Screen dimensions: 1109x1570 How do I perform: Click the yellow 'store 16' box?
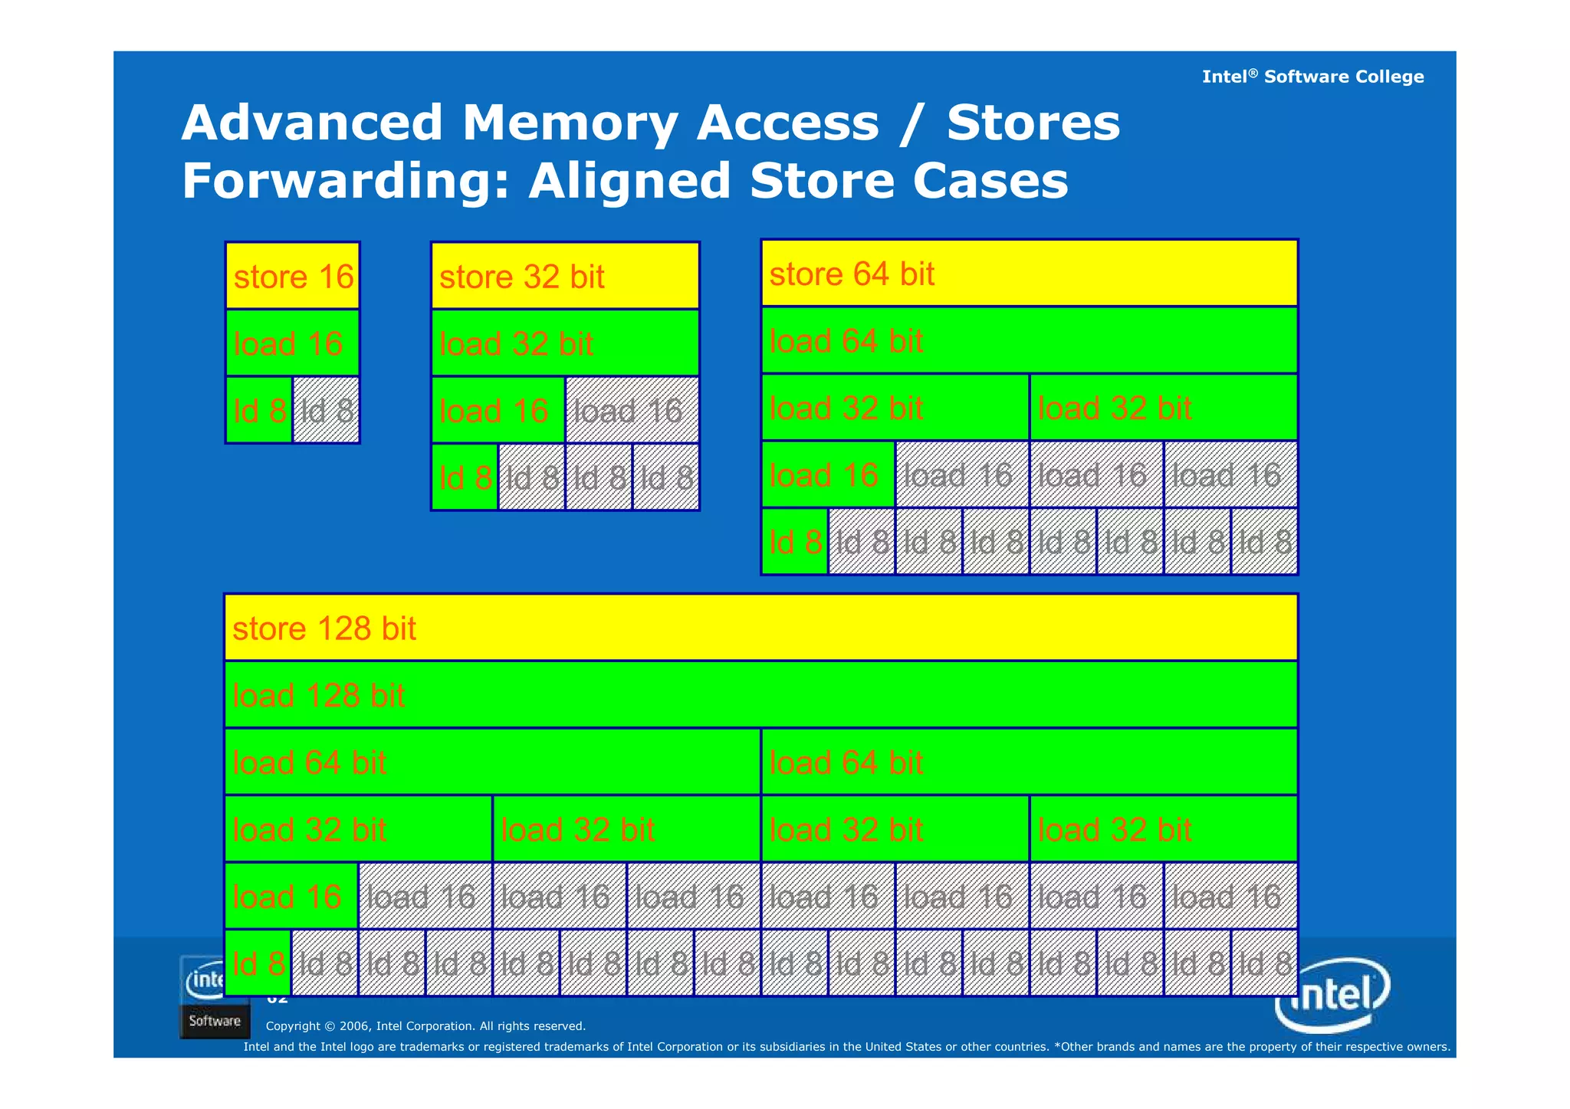coord(292,276)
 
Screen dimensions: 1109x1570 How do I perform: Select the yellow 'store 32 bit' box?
coord(565,276)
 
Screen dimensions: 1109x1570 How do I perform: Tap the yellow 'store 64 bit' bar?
coord(1029,274)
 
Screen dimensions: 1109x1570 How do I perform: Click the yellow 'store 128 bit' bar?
coord(760,628)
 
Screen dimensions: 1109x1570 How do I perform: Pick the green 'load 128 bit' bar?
coord(760,695)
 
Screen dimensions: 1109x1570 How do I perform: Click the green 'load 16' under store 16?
coord(292,343)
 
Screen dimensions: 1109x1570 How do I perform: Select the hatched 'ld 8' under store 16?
coord(327,411)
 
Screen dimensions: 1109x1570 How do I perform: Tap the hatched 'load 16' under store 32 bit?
coord(632,411)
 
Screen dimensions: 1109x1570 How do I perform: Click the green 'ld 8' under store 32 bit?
coord(465,477)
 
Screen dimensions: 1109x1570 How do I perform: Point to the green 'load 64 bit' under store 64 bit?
coord(1029,341)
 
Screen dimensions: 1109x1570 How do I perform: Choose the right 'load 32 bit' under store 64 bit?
coord(1163,408)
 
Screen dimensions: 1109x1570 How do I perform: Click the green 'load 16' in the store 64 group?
coord(828,475)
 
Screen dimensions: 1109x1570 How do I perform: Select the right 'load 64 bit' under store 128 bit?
coord(1029,763)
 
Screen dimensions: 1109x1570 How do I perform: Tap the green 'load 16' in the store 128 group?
coord(291,897)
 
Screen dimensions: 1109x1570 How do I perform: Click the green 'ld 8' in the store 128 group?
coord(258,963)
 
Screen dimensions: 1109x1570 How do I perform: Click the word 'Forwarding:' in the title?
coord(346,181)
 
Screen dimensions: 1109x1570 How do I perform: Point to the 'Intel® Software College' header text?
coord(1312,77)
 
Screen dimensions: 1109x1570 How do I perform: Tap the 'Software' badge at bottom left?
coord(215,1021)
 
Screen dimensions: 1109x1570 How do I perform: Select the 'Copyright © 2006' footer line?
coord(425,1026)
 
